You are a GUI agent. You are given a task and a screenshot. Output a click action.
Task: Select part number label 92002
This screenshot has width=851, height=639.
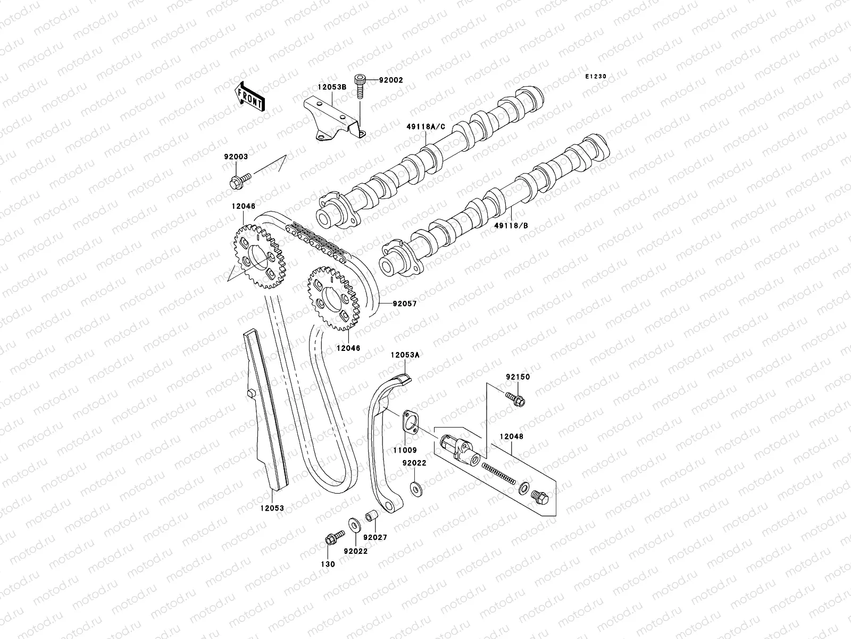[x=391, y=80]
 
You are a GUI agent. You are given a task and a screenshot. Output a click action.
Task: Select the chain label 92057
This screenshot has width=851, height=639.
[x=405, y=304]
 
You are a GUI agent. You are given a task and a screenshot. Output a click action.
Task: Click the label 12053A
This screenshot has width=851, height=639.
[x=405, y=355]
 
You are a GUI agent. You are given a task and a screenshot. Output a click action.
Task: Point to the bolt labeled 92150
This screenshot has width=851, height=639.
[x=516, y=398]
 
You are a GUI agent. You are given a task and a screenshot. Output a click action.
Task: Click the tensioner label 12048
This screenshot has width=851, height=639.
[x=511, y=437]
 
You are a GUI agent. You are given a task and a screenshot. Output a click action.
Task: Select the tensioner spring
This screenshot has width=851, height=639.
[x=499, y=473]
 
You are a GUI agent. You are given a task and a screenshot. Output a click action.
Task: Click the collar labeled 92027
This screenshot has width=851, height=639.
[x=370, y=517]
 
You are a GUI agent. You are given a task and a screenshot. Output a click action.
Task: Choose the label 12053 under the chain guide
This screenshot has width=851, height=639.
[x=272, y=508]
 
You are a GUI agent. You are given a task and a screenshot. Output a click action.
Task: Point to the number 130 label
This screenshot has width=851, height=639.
[x=328, y=564]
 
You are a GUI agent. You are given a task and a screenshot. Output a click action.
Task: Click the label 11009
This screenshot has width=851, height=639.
[x=405, y=450]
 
